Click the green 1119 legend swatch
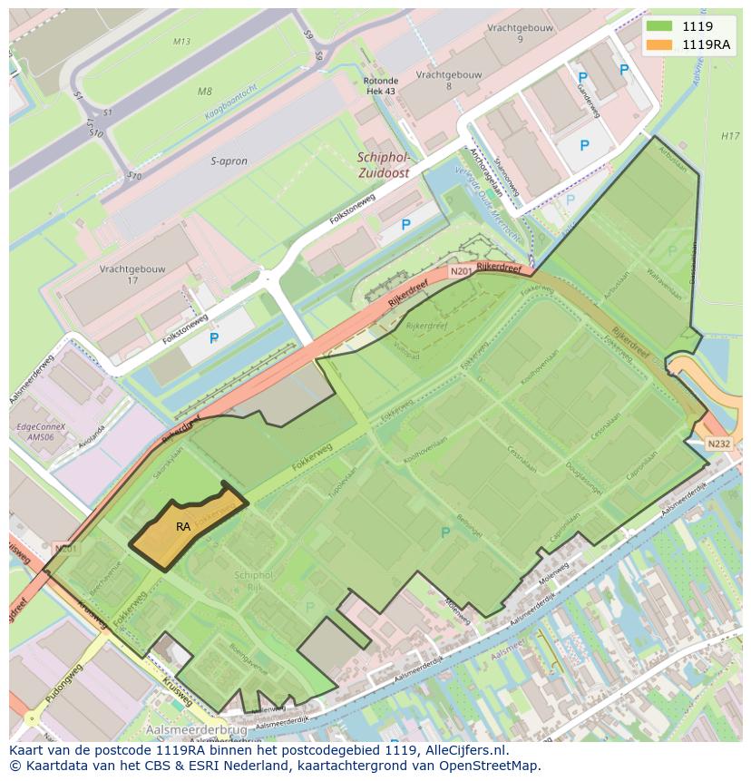coord(658,26)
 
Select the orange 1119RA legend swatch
coord(658,44)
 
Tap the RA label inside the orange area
coord(183,526)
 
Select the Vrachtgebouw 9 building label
coord(520,34)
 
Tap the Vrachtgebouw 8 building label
coord(448,80)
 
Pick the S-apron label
coord(229,161)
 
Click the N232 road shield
coord(718,444)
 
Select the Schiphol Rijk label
coord(253,581)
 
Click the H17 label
coord(729,136)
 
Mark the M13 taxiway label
coord(181,42)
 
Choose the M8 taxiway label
coord(204,92)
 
